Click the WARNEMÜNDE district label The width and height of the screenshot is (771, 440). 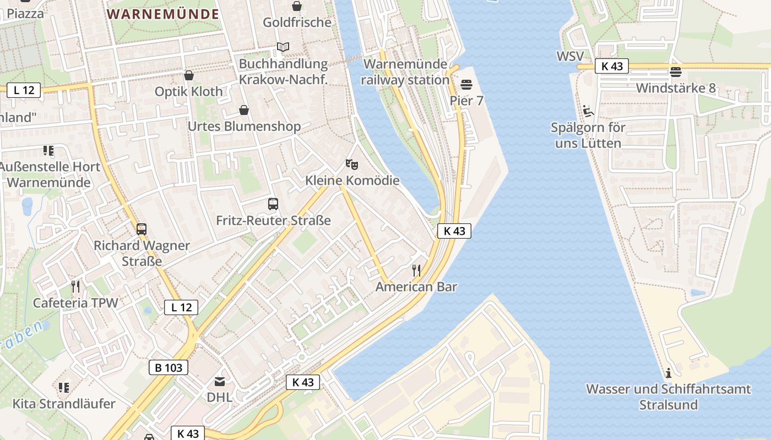tap(163, 14)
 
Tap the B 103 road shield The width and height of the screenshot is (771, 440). tap(169, 367)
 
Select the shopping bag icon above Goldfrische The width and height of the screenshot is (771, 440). tap(297, 6)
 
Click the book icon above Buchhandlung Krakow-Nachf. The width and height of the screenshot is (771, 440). tap(283, 47)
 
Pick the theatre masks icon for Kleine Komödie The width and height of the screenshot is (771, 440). tap(352, 164)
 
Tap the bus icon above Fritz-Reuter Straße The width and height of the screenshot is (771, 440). tap(273, 204)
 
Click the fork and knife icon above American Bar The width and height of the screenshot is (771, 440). tap(416, 270)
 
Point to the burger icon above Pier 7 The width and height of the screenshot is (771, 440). tap(466, 84)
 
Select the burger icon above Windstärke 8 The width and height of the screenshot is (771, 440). tap(676, 71)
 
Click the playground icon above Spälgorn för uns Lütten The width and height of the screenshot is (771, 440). tap(588, 111)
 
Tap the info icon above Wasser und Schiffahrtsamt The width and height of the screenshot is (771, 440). tap(669, 373)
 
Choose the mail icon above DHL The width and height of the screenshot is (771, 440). tap(220, 381)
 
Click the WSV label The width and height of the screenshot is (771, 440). tap(569, 56)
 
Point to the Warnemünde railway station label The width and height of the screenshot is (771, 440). tap(406, 72)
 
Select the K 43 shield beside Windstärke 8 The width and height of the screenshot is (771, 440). tap(612, 67)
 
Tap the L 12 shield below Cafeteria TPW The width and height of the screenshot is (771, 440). tap(181, 307)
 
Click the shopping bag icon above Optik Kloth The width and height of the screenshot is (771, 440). tap(189, 75)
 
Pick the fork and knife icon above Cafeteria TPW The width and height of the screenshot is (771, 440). tap(75, 286)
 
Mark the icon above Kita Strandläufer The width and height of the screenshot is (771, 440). tap(64, 387)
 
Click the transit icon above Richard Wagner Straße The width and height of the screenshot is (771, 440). tap(142, 229)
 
